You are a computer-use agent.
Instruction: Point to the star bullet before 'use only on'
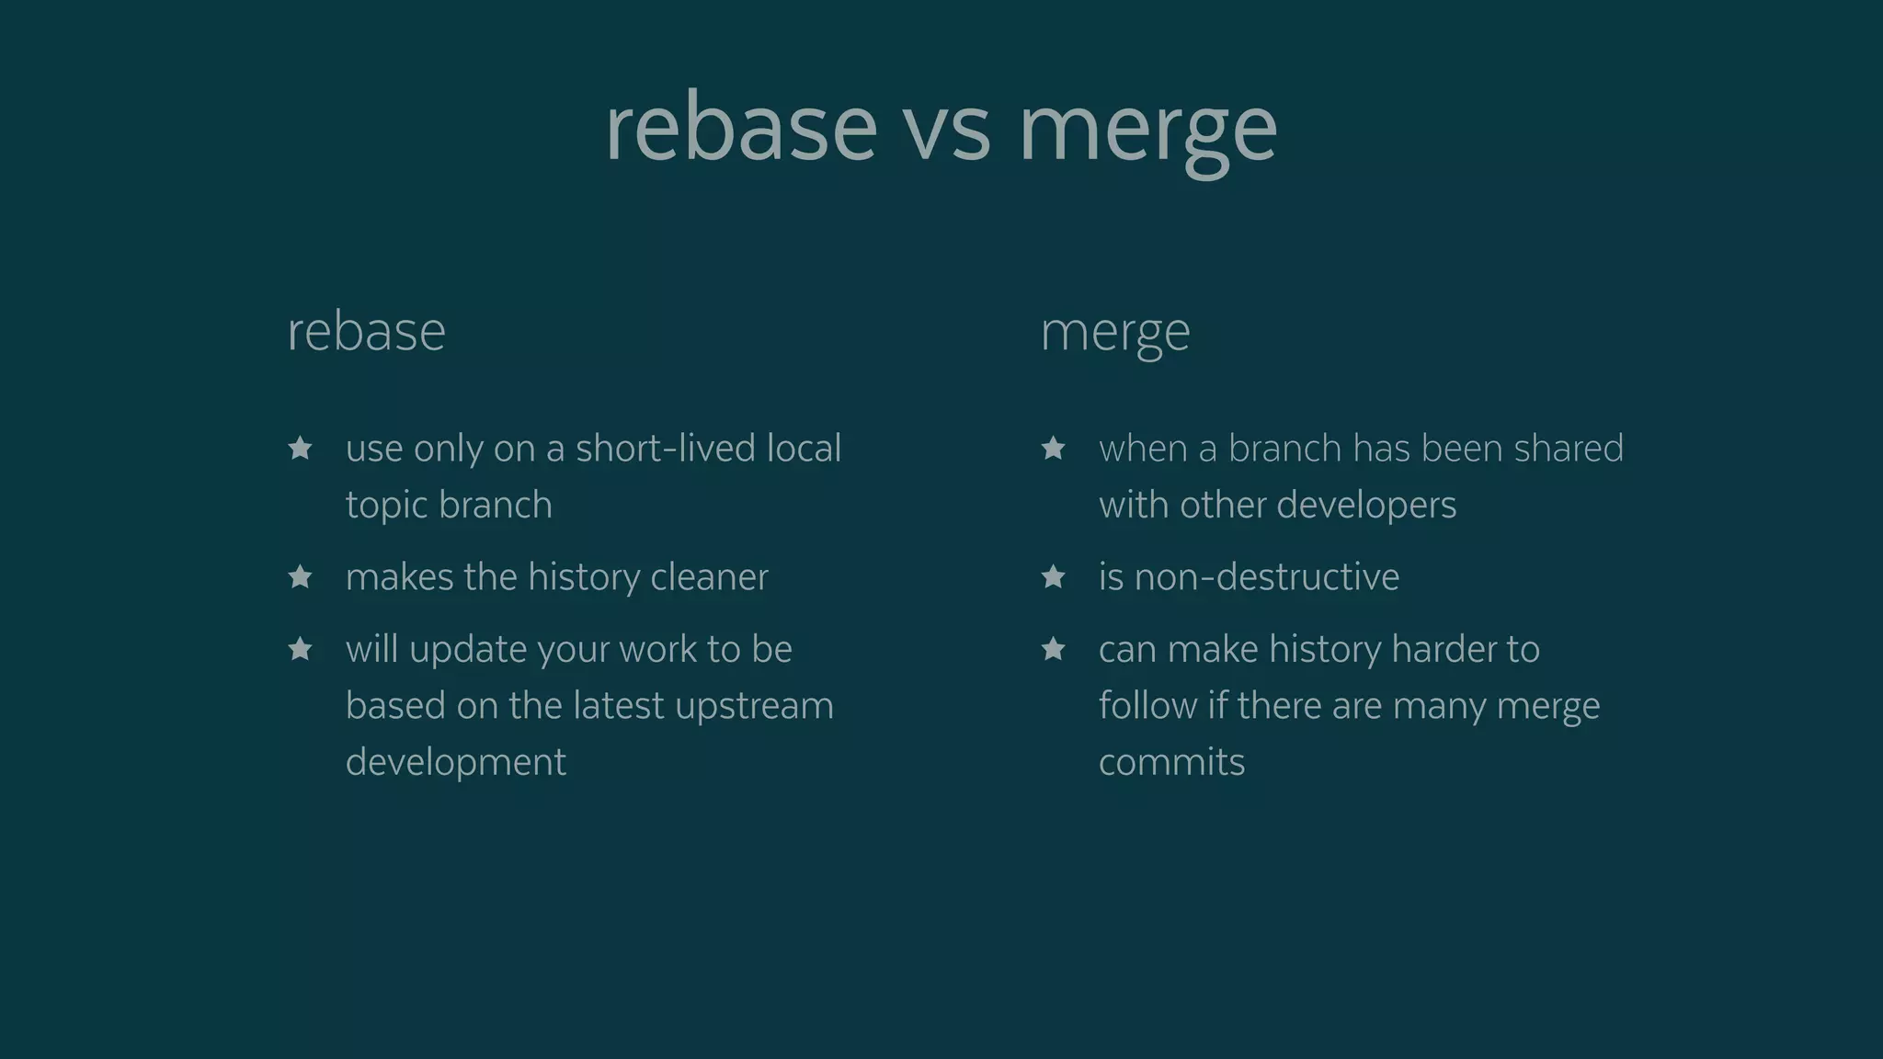coord(301,449)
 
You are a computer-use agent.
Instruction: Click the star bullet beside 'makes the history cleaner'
coord(301,577)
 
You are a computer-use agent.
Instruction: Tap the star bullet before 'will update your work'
coord(301,650)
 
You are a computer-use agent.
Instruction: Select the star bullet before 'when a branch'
coord(1054,449)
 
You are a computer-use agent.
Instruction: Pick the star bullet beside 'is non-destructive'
coord(1054,577)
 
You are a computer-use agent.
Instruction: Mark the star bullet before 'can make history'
coord(1054,650)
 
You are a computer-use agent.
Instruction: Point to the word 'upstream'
coord(754,707)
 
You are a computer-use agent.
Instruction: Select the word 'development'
coord(456,763)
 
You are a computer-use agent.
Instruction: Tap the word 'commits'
coord(1171,763)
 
